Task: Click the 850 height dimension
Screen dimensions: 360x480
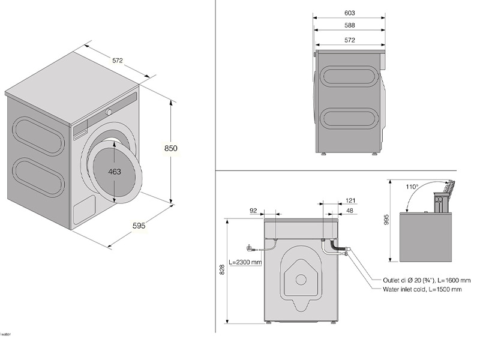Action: pyautogui.click(x=171, y=148)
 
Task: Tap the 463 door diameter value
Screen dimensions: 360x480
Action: pyautogui.click(x=115, y=172)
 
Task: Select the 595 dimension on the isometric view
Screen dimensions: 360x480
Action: pyautogui.click(x=139, y=226)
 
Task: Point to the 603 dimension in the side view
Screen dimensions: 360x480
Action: pyautogui.click(x=350, y=13)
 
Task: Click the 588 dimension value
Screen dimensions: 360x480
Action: pyautogui.click(x=350, y=25)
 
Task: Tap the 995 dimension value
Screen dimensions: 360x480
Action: pyautogui.click(x=387, y=220)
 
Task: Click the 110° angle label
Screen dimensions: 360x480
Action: pyautogui.click(x=412, y=187)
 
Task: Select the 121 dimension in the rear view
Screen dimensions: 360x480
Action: pyautogui.click(x=351, y=200)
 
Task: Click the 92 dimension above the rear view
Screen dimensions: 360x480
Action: pyautogui.click(x=253, y=210)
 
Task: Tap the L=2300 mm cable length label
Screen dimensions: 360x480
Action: pyautogui.click(x=245, y=262)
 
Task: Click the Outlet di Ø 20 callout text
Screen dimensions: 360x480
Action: pyautogui.click(x=426, y=280)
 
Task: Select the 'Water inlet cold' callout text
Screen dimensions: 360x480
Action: pyautogui.click(x=422, y=289)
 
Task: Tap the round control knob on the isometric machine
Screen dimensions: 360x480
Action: pyautogui.click(x=109, y=112)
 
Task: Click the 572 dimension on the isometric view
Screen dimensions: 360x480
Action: pyautogui.click(x=117, y=60)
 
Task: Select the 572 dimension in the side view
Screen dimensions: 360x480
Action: pyautogui.click(x=350, y=40)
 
